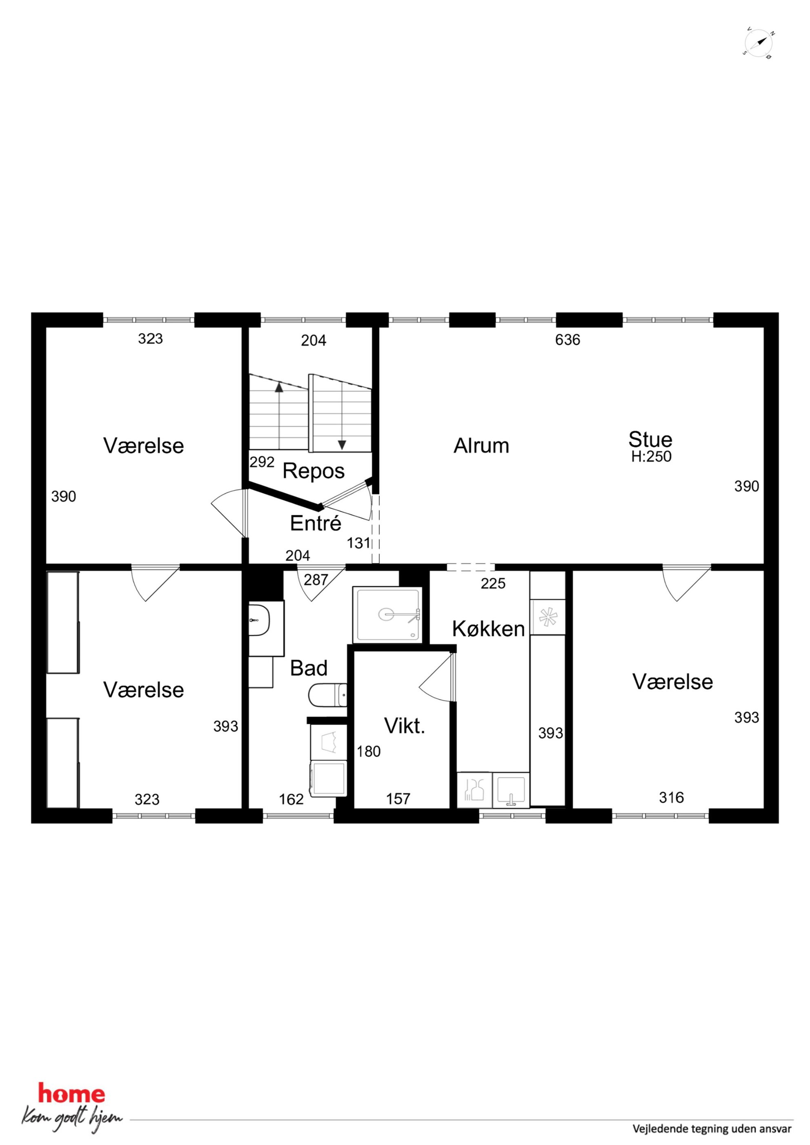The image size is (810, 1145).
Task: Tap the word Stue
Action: point(650,439)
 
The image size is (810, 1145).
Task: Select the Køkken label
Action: point(488,629)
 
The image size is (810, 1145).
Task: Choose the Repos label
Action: point(314,471)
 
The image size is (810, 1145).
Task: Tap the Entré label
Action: point(316,523)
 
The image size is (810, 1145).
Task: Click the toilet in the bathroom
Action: point(327,695)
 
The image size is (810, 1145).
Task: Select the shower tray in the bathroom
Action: point(387,615)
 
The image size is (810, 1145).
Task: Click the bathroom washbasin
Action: point(260,620)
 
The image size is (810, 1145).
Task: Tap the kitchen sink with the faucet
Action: point(511,790)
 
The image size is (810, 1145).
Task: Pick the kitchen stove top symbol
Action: point(547,617)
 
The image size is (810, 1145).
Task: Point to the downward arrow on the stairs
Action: point(342,415)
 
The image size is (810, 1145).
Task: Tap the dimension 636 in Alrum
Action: point(567,340)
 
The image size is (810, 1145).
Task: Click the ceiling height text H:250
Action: point(651,456)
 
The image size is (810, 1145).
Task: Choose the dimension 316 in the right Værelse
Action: point(671,797)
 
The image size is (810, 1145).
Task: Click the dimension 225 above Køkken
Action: point(493,583)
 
